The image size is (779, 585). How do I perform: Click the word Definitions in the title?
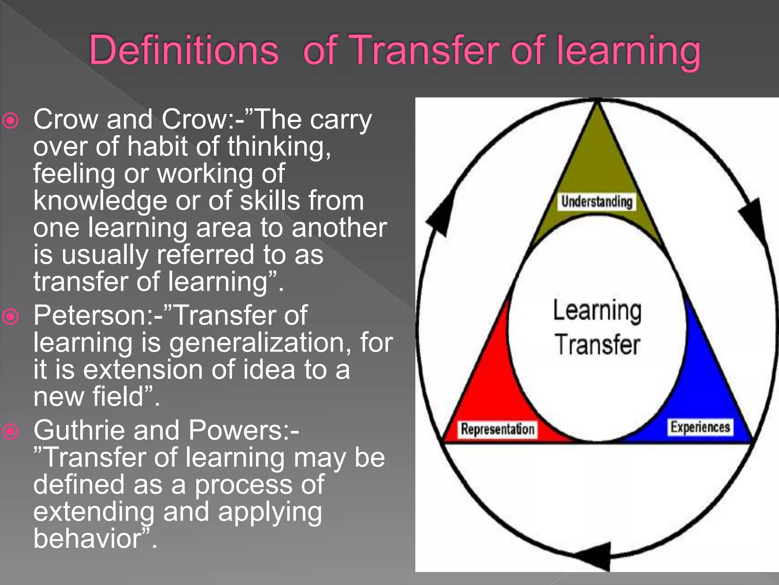(184, 50)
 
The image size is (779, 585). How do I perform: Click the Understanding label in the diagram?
(596, 201)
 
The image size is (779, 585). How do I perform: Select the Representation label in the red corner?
(498, 429)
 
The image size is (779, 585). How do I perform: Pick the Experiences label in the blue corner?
(700, 427)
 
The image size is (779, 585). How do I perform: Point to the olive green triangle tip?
(596, 152)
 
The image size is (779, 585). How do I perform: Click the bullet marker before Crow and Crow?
(10, 121)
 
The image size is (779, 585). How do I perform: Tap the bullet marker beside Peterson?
(10, 316)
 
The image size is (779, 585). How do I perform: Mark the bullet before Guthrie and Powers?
(10, 431)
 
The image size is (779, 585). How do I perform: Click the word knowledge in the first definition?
(100, 201)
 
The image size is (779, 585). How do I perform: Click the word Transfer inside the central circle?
(597, 345)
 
